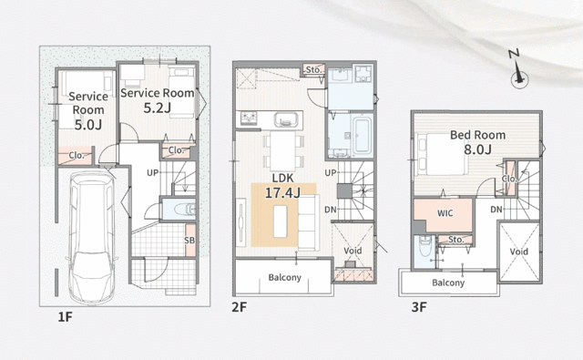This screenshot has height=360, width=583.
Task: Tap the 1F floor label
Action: click(65, 317)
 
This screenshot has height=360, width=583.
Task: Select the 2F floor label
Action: click(239, 307)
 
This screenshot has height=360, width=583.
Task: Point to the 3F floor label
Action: click(419, 307)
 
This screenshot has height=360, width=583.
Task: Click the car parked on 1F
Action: click(92, 237)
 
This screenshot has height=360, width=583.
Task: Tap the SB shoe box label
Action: click(189, 241)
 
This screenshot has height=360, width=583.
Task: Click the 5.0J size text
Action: click(87, 125)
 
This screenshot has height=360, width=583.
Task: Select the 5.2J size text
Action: click(158, 108)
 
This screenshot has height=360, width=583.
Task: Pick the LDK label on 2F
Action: click(283, 178)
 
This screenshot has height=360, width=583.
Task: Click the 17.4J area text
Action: click(282, 192)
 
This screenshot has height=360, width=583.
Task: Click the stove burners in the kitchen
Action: click(249, 118)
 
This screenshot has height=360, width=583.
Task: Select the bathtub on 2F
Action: click(362, 133)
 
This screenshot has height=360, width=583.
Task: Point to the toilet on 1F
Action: click(185, 210)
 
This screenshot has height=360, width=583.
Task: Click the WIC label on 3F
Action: click(445, 213)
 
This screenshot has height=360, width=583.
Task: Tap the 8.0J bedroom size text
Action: click(477, 149)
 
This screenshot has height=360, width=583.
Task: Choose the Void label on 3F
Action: click(518, 252)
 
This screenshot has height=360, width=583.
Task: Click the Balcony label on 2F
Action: click(285, 277)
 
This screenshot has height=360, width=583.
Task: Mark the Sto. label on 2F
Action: click(313, 69)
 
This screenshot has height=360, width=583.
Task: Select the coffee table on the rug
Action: click(281, 221)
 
